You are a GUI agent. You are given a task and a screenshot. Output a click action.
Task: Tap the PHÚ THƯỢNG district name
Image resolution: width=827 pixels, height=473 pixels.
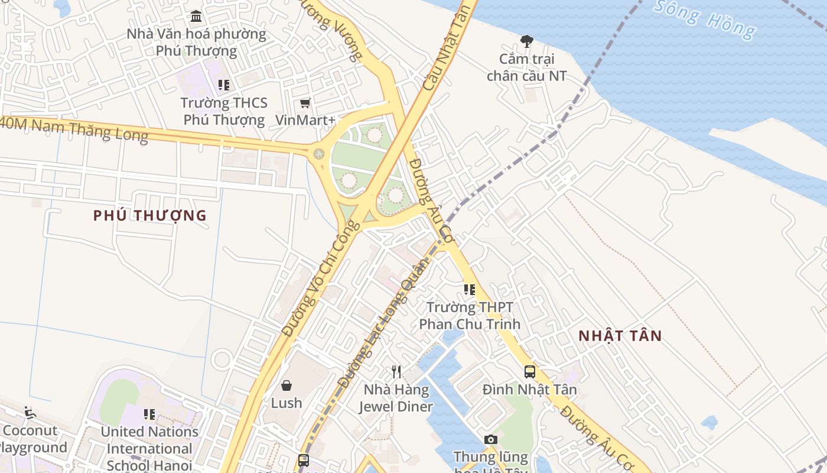pos(150,216)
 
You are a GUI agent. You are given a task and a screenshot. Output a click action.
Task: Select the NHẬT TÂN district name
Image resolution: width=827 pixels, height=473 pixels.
pos(620,336)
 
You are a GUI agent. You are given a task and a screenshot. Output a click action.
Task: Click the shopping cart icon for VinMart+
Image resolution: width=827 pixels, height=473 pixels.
pos(305,103)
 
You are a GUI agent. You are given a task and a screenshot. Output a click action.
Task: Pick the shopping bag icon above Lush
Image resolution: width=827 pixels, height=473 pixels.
pos(286,385)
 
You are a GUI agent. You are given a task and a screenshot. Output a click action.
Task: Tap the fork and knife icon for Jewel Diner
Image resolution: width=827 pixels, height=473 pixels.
pos(396,372)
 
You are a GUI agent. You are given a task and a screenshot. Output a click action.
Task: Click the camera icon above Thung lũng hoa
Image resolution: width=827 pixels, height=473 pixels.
pos(490,439)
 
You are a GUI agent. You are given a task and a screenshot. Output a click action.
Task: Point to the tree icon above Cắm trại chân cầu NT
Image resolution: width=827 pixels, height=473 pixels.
pos(526,41)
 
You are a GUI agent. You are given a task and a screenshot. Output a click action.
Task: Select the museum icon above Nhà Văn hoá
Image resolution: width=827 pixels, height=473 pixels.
pos(196,16)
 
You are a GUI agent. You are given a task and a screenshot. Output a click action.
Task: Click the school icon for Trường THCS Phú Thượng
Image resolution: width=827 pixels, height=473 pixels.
pos(224,85)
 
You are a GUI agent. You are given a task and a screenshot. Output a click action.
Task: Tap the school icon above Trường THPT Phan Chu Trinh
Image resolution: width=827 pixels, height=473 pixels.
pos(470,290)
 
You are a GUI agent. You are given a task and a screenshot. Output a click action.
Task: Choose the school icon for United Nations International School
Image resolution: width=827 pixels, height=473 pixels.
pos(149,414)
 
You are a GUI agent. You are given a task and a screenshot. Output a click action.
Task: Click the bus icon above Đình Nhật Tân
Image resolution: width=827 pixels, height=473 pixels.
pos(530,372)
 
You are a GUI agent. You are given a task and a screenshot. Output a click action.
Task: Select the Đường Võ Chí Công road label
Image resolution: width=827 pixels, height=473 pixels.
pos(320,278)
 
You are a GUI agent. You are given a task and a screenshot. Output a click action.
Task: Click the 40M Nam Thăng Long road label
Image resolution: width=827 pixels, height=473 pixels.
pos(74,129)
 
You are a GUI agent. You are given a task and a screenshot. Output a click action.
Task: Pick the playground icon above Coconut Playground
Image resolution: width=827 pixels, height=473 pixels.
pos(30,412)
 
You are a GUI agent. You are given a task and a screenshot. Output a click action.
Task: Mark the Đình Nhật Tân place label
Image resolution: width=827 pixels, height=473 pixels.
pos(529,390)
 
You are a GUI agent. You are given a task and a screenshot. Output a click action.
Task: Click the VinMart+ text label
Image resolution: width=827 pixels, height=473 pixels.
pos(305,120)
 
